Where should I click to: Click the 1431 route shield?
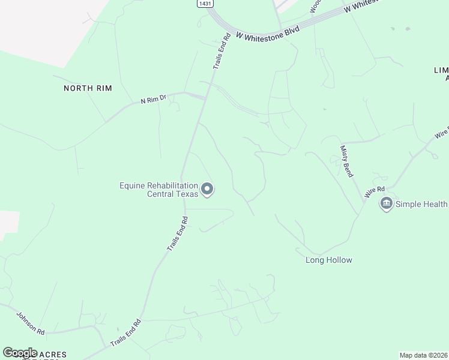205,4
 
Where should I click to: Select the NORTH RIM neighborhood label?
88,88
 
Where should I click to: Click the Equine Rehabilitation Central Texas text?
158,190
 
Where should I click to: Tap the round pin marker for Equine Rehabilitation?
208,190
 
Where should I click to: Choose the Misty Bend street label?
346,161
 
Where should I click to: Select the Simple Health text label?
421,204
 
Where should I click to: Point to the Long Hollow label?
329,260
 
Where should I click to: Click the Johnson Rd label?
31,323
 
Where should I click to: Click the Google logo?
20,353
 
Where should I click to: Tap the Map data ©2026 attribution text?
424,355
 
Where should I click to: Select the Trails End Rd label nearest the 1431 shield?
221,53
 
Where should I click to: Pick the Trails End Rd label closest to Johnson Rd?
125,333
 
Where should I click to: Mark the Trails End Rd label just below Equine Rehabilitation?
178,233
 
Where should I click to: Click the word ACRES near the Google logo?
53,354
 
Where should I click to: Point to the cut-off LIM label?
441,70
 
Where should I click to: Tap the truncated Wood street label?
315,5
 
